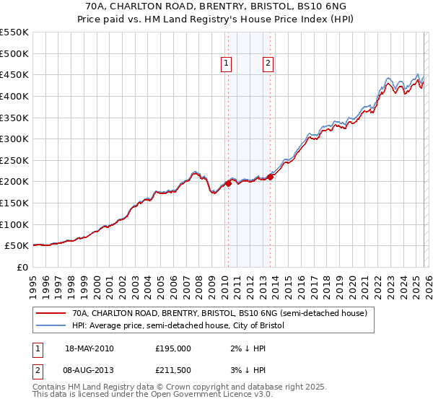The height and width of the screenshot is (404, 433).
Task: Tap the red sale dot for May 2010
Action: tap(228, 183)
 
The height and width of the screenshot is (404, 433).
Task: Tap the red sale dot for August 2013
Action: tap(270, 176)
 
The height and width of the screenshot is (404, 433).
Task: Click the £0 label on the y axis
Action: tap(23, 267)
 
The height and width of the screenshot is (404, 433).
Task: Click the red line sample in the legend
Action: tap(51, 313)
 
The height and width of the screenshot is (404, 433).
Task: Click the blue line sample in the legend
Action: tap(51, 326)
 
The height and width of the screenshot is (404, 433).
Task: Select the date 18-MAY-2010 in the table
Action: tap(89, 348)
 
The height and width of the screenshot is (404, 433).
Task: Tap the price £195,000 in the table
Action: tap(173, 348)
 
